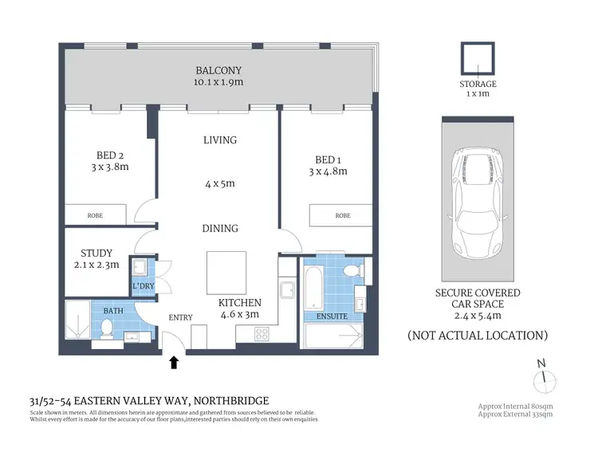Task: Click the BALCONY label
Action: [217, 70]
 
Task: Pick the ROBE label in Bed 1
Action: [342, 215]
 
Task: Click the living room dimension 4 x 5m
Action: [219, 183]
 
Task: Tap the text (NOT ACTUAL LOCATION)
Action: [478, 335]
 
